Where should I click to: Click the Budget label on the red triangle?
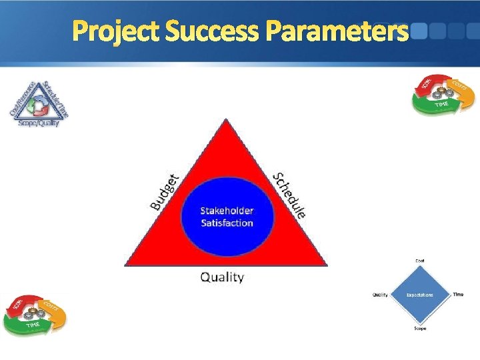click(164, 192)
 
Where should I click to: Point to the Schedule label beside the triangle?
click(291, 195)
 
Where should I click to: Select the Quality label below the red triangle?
click(223, 277)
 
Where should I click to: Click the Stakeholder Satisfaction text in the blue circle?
click(227, 217)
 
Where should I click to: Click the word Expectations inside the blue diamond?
click(420, 295)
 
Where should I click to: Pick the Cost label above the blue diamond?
click(420, 260)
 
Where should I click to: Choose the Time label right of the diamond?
click(458, 294)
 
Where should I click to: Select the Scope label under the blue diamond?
click(420, 328)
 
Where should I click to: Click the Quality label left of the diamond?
click(380, 295)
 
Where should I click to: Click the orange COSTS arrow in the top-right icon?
click(462, 91)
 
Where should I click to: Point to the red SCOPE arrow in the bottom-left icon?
click(19, 306)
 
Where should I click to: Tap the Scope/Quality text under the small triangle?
click(39, 122)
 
